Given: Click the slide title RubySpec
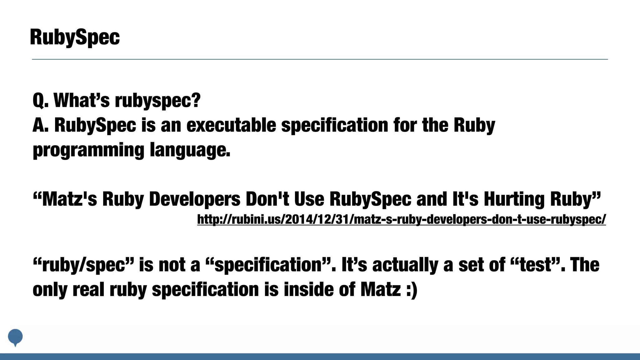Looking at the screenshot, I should coord(75,37).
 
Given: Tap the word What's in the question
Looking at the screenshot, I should coord(82,100).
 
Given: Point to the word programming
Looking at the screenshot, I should coord(88,150).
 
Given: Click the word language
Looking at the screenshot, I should coord(190,150).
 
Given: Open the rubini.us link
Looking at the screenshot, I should coord(401,219).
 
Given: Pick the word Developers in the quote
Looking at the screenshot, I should coord(195,199).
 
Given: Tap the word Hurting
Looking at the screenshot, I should coord(514,199).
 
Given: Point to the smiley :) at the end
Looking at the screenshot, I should coord(412,290).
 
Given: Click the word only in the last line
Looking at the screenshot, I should coord(50,290).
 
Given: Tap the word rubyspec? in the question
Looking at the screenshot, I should coord(157,101).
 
